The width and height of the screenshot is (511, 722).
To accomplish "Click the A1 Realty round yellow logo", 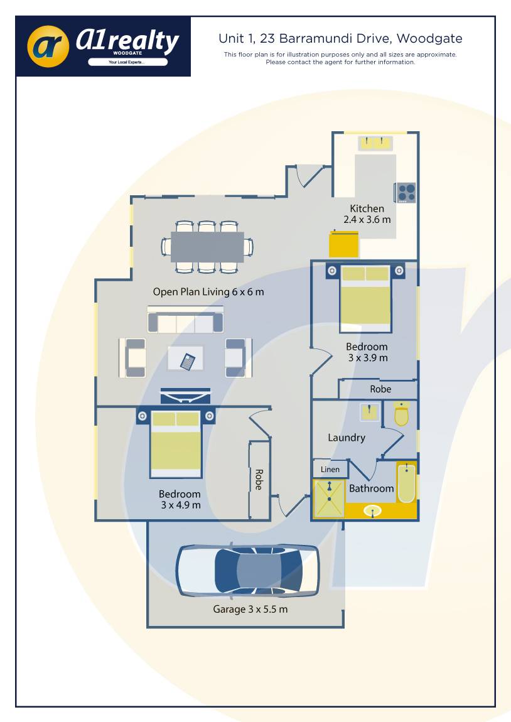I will [48, 46].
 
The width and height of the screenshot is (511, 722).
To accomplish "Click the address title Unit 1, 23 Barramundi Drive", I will [340, 39].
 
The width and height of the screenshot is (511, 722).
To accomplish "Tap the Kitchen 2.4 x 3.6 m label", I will [367, 214].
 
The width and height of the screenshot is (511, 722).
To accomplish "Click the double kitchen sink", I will [375, 143].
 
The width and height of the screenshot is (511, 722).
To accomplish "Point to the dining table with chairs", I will [207, 247].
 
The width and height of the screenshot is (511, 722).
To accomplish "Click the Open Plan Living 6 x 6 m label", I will [208, 292].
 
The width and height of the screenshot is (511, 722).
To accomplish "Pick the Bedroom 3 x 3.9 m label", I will [367, 352].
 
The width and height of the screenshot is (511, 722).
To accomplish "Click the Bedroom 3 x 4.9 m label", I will [180, 499].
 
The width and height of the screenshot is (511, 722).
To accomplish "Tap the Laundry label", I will [346, 438].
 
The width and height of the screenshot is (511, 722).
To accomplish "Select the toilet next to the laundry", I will [401, 414].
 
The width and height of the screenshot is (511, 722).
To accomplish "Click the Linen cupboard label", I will [330, 469].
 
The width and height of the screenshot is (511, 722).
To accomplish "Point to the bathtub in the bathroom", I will [406, 483].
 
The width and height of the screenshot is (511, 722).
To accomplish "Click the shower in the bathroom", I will [329, 499].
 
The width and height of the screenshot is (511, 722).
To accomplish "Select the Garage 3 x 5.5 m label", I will [250, 609].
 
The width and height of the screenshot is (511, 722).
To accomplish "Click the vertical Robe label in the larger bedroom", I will [258, 480].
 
